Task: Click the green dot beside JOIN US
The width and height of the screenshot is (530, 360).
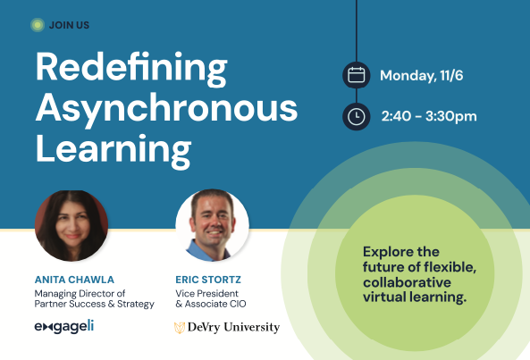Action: click(x=38, y=25)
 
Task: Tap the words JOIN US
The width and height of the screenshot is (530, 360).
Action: click(x=70, y=25)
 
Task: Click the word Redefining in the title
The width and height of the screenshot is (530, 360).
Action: click(x=131, y=69)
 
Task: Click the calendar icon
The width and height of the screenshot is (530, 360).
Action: click(x=357, y=75)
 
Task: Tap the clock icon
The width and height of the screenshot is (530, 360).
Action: click(x=357, y=116)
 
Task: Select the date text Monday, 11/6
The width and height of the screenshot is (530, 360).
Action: click(x=422, y=76)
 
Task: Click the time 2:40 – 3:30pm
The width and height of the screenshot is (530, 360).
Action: click(x=429, y=116)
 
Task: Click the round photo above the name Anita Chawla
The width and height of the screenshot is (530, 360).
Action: click(x=72, y=225)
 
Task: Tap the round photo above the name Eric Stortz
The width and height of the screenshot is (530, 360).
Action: click(x=213, y=225)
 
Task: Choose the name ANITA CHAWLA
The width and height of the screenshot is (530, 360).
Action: click(x=74, y=280)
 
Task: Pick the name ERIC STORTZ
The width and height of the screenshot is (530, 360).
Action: click(x=208, y=280)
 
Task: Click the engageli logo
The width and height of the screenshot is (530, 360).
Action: click(x=64, y=327)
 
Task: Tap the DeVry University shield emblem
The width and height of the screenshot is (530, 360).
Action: click(x=180, y=328)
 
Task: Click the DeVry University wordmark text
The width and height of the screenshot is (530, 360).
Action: click(x=233, y=327)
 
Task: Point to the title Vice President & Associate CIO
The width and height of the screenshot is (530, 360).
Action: click(x=211, y=298)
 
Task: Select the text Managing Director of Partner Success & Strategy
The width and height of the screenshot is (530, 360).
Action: click(x=95, y=299)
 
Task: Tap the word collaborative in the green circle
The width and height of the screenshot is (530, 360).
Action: click(x=407, y=282)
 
